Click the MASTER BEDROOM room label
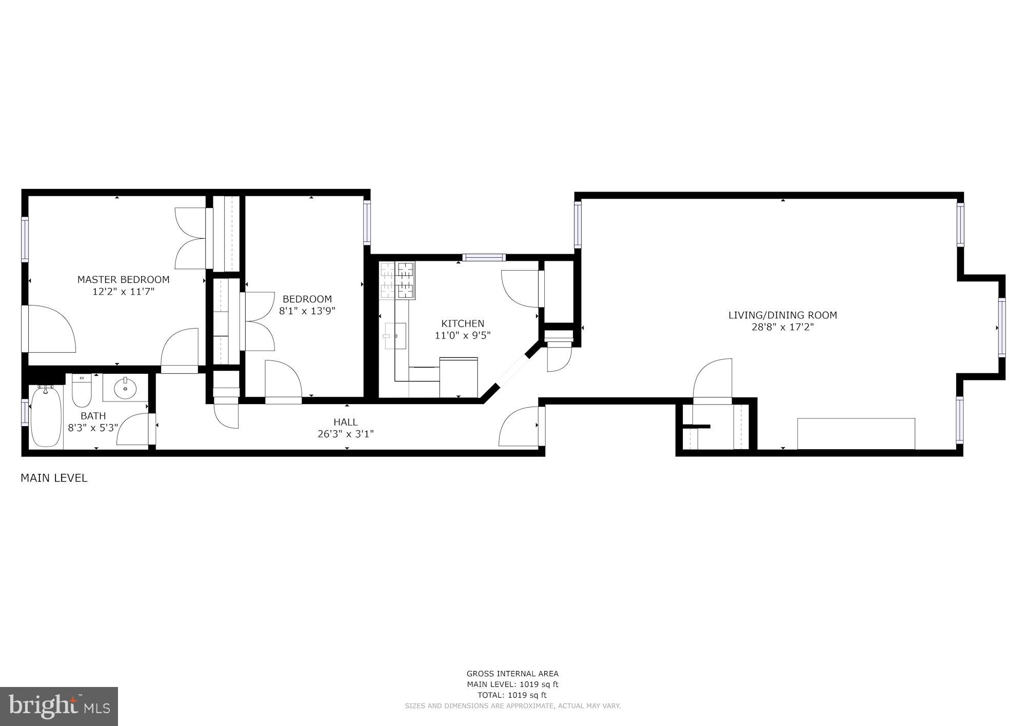[x=123, y=280]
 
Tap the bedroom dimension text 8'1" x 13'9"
[x=307, y=311]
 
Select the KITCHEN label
[x=463, y=323]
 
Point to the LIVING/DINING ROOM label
[x=782, y=315]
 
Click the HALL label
[x=346, y=422]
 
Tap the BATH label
[x=93, y=416]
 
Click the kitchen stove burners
[x=398, y=280]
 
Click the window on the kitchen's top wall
[x=484, y=257]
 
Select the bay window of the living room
[x=1001, y=328]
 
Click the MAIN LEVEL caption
[x=54, y=478]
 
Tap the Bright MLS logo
[x=60, y=706]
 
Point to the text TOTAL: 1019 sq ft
[x=512, y=695]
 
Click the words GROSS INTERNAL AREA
[x=512, y=674]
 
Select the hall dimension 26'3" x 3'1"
[x=346, y=434]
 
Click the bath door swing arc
[x=131, y=429]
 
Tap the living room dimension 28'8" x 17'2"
[x=782, y=327]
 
